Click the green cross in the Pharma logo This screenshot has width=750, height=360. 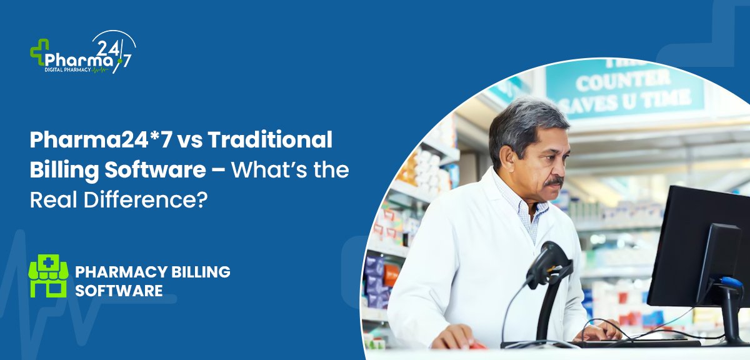click(x=39, y=52)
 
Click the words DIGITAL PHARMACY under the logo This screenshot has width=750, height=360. click(x=67, y=69)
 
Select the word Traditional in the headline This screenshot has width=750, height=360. click(x=270, y=139)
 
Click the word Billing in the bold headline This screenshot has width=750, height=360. click(x=64, y=170)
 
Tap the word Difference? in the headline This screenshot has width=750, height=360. click(x=146, y=200)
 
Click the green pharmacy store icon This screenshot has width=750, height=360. click(x=49, y=276)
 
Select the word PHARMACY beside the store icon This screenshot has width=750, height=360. click(x=121, y=272)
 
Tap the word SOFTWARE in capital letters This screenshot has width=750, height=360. click(x=119, y=291)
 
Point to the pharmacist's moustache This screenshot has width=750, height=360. click(x=554, y=182)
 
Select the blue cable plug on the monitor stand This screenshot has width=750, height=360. click(x=731, y=282)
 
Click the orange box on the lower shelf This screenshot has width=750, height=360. click(x=391, y=275)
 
